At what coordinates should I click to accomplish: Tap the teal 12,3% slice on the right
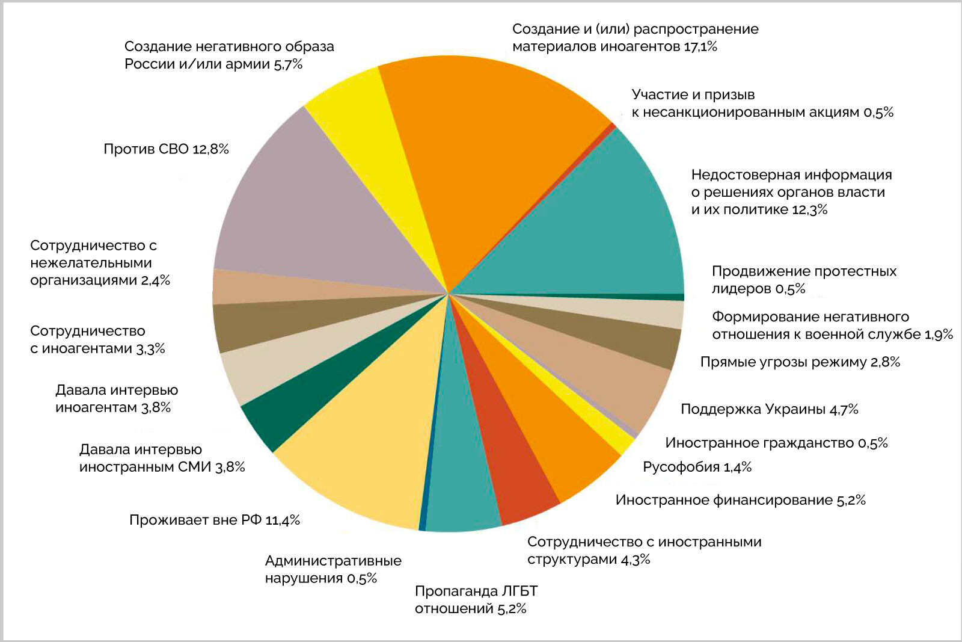pyautogui.click(x=601, y=223)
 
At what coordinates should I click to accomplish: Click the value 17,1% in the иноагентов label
pyautogui.click(x=700, y=47)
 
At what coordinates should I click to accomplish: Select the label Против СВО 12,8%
pyautogui.click(x=166, y=149)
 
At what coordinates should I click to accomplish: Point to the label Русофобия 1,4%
pyautogui.click(x=697, y=467)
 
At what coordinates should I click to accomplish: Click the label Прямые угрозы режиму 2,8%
pyautogui.click(x=800, y=362)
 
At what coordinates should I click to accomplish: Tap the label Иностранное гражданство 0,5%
pyautogui.click(x=776, y=443)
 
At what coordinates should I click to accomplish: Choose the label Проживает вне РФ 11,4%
pyautogui.click(x=214, y=520)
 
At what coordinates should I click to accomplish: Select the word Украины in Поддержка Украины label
pyautogui.click(x=797, y=410)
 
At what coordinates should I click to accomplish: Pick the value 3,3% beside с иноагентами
pyautogui.click(x=151, y=349)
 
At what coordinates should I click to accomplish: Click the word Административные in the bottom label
pyautogui.click(x=333, y=561)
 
